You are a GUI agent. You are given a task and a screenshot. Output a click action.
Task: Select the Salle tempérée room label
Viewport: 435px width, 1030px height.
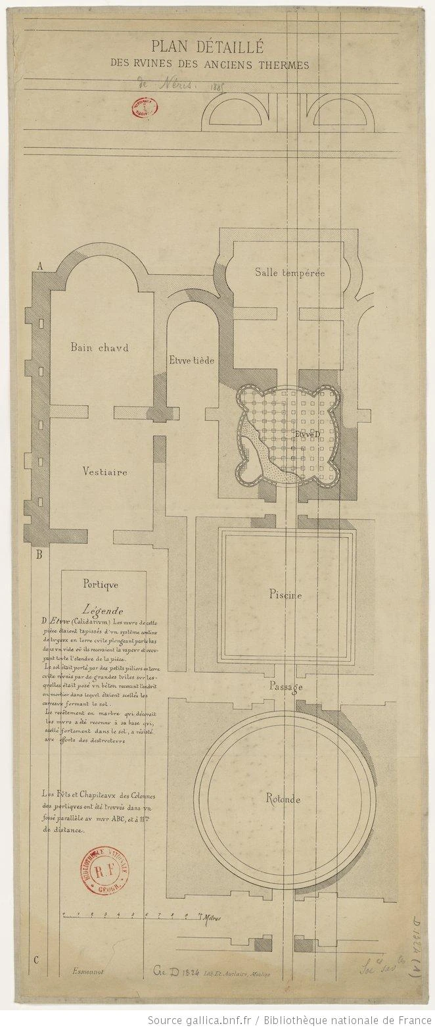pyautogui.click(x=290, y=272)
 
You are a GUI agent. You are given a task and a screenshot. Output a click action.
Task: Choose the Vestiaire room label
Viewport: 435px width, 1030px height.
pyautogui.click(x=105, y=471)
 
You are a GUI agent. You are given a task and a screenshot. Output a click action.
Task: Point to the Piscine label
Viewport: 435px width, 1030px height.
pyautogui.click(x=285, y=595)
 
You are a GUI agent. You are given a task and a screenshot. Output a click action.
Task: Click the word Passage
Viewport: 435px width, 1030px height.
pyautogui.click(x=286, y=687)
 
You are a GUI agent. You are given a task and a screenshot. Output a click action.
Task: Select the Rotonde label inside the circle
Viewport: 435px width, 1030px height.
pyautogui.click(x=283, y=800)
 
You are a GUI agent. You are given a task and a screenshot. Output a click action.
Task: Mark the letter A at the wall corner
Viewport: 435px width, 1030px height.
pyautogui.click(x=40, y=266)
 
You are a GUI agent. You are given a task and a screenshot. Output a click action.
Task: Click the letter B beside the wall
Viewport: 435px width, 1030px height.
pyautogui.click(x=39, y=554)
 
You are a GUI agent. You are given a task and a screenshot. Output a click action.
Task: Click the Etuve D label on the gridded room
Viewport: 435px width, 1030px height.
pyautogui.click(x=308, y=435)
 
